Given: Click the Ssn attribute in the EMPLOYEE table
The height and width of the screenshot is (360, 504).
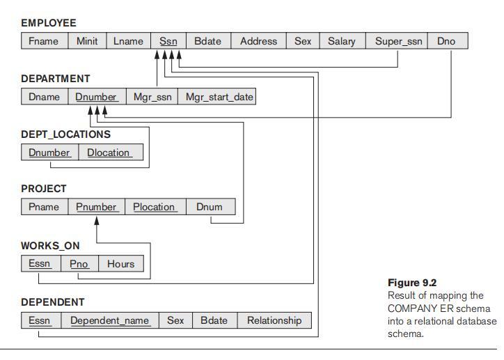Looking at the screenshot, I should (x=168, y=41).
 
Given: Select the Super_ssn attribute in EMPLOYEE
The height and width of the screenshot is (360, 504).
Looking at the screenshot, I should (x=398, y=41).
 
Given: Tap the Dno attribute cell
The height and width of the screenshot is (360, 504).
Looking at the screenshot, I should (x=446, y=41).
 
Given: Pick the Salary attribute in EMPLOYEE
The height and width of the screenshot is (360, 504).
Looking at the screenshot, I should (x=341, y=41).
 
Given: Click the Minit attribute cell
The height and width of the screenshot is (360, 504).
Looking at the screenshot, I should (x=87, y=41).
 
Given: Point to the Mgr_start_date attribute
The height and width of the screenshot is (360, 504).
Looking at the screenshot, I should (x=219, y=97).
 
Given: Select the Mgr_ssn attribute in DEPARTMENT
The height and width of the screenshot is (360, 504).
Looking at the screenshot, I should (x=152, y=97).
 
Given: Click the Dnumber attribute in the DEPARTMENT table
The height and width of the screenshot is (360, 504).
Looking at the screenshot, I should (x=96, y=97).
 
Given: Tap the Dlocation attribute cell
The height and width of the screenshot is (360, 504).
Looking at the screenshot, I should (x=109, y=152).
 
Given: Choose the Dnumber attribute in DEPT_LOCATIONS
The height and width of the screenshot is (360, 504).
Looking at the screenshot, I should (x=49, y=152).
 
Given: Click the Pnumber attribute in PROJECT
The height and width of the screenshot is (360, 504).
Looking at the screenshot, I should (x=97, y=207).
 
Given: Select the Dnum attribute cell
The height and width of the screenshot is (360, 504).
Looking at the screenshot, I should (x=210, y=207).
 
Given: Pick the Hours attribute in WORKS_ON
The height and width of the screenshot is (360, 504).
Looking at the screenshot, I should (x=120, y=264).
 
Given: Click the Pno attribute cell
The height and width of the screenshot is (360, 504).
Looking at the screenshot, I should (x=79, y=264).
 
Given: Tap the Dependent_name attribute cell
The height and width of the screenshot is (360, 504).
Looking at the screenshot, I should (x=110, y=320).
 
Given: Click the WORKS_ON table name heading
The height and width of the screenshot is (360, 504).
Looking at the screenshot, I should (x=50, y=246).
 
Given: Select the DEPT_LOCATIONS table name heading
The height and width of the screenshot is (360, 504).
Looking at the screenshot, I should (x=65, y=134).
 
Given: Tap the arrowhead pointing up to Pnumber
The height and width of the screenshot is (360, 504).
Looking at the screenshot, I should (x=97, y=220).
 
